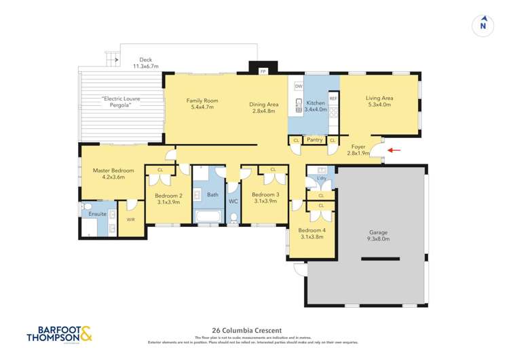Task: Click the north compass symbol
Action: tap(483, 25)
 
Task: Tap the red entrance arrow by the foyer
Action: tap(394, 150)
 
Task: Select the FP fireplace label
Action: tap(263, 70)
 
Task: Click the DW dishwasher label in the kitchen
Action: tap(298, 86)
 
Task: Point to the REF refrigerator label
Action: tap(333, 98)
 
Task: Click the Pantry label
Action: tap(314, 140)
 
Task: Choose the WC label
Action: tap(233, 202)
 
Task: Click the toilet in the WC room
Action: tap(233, 217)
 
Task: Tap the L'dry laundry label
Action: tap(321, 179)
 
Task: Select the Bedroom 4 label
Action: tap(312, 234)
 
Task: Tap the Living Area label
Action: tap(379, 101)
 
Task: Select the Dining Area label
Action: tap(263, 107)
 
